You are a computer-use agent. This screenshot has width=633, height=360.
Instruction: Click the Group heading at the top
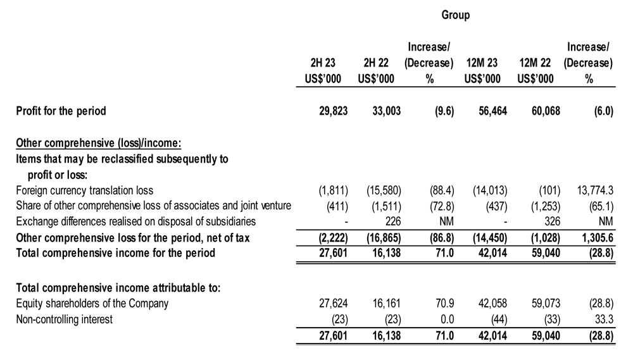pos(455,15)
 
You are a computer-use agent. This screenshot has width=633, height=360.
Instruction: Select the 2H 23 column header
pos(323,63)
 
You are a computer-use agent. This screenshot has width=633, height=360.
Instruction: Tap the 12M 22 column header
pos(535,63)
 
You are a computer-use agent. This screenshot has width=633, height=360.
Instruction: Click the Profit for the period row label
pos(61,111)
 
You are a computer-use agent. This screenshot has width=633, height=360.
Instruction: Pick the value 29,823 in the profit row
pos(333,111)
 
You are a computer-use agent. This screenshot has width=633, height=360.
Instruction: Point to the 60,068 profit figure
pos(546,111)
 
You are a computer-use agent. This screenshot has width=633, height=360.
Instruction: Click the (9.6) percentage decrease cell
pos(444,111)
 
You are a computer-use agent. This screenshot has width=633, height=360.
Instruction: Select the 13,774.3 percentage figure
pos(595,190)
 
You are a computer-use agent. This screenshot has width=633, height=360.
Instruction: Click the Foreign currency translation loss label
pos(85,190)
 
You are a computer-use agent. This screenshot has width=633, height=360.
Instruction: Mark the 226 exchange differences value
pos(393,221)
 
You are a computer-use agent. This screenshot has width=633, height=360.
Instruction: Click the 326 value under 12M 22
pos(552,221)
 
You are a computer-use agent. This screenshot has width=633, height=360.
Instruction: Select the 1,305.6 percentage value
pos(598,238)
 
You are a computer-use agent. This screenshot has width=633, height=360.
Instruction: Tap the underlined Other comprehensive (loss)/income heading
pos(99,143)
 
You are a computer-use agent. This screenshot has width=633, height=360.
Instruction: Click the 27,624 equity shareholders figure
pos(333,304)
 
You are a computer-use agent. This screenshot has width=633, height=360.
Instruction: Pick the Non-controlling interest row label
pos(64,320)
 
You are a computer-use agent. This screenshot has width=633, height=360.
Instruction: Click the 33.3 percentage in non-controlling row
pos(604,320)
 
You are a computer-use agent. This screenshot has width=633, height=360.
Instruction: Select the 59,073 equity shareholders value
pos(546,304)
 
